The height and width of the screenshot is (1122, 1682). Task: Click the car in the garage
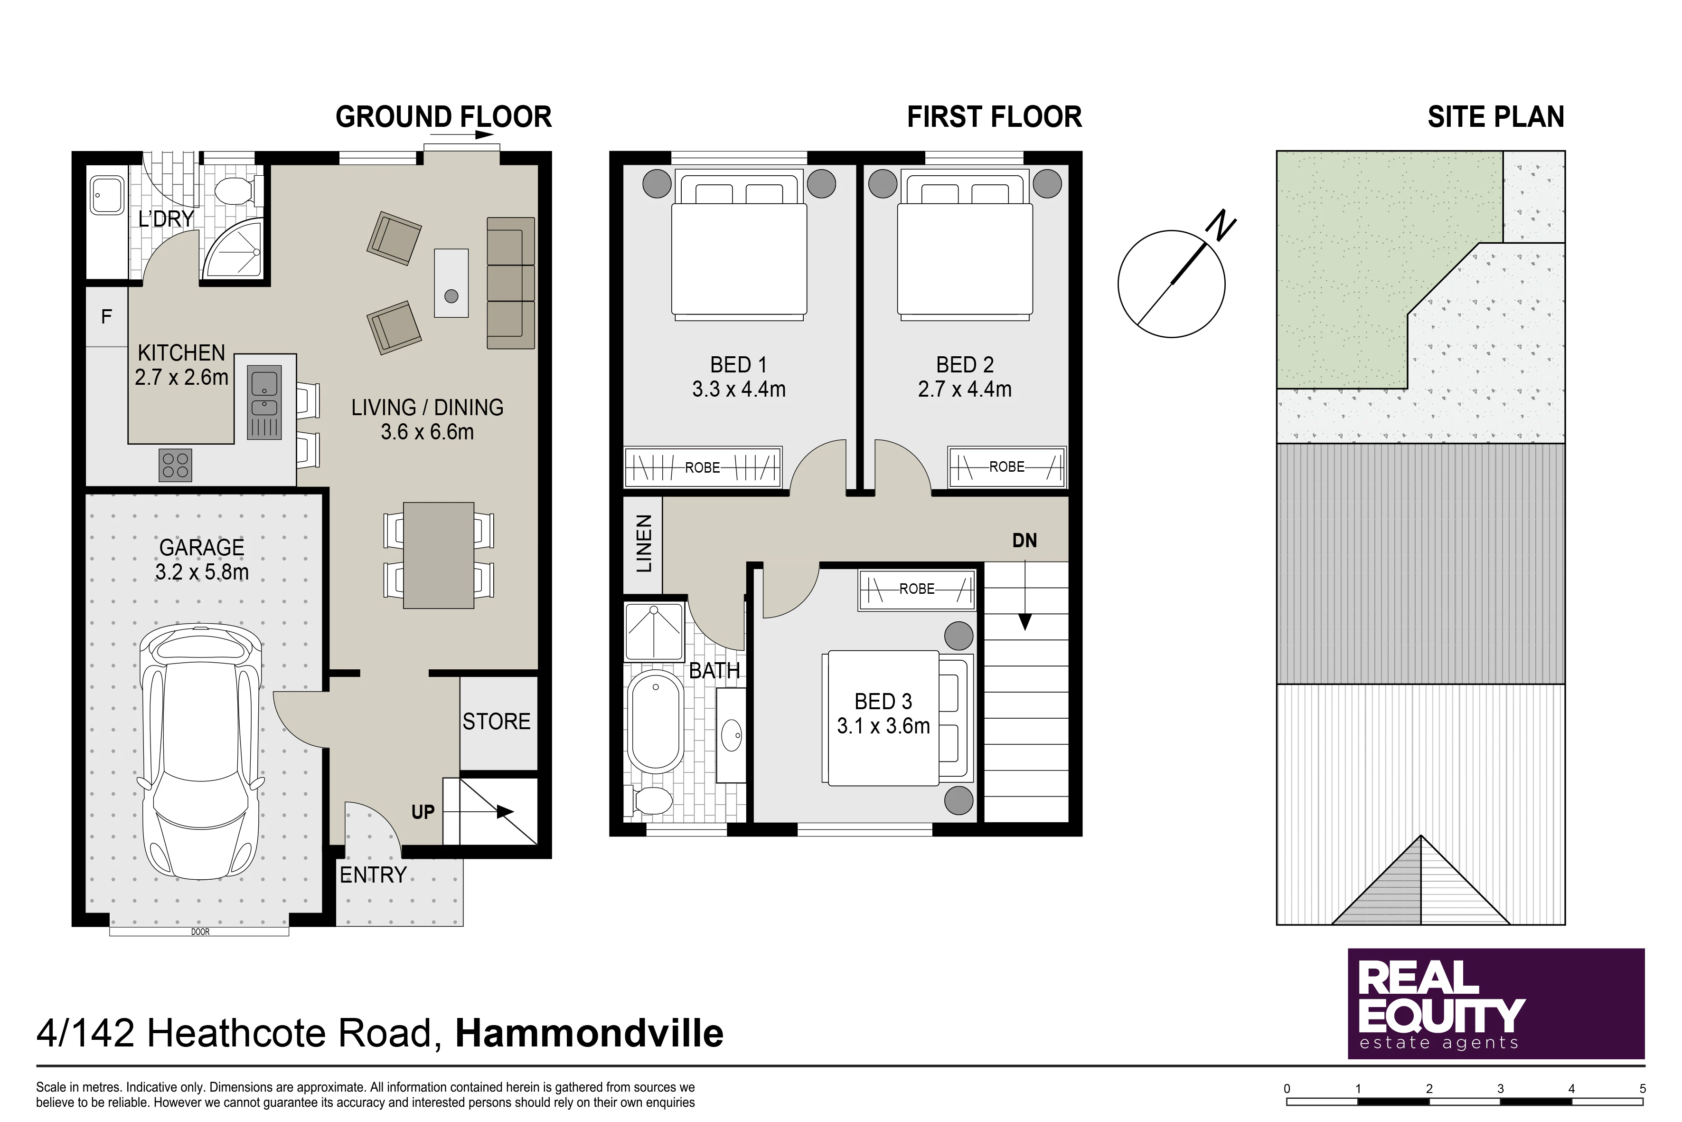199,752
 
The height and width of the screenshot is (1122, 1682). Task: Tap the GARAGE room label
202,547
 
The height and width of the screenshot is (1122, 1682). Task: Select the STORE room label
496,721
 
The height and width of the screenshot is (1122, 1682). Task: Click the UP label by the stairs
423,812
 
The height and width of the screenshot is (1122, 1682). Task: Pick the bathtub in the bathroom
655,722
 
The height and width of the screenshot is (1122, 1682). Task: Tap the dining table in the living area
438,555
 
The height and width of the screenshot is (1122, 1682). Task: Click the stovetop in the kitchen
175,465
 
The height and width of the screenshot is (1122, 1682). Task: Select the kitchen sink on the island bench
264,402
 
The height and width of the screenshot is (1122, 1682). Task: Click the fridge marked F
106,316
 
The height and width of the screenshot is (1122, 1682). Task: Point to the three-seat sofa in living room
511,284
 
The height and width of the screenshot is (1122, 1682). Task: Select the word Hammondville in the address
589,1034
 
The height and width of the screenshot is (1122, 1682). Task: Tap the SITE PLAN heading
1496,117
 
